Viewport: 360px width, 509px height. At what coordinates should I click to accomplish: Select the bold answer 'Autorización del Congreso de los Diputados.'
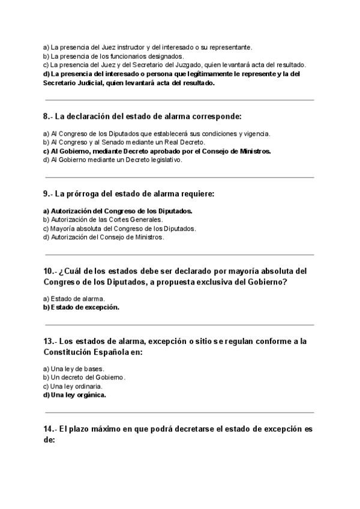(118, 211)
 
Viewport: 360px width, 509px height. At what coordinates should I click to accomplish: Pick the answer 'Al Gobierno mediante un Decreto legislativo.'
(112, 160)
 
